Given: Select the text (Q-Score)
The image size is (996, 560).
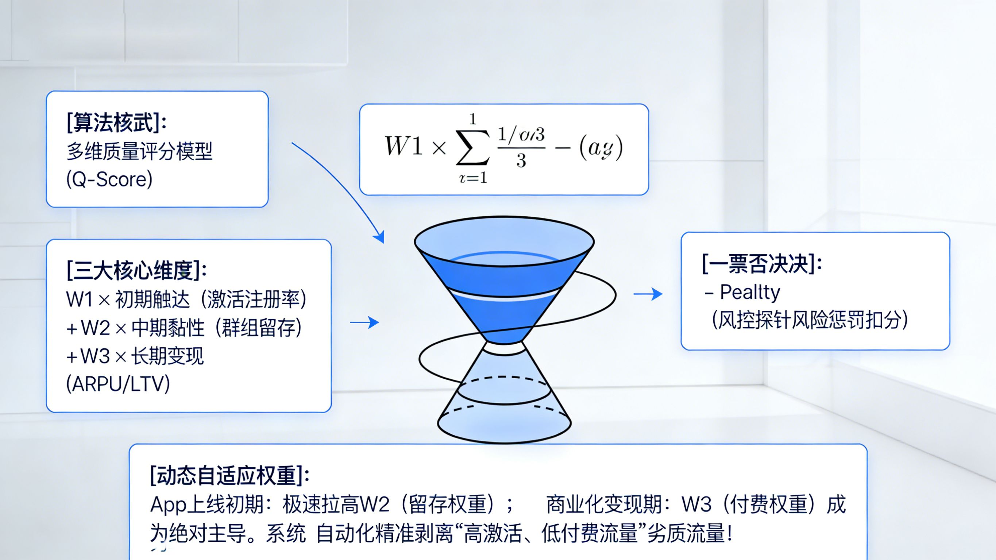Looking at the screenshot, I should click(x=109, y=179).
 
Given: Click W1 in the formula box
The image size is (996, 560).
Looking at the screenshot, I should click(x=403, y=147).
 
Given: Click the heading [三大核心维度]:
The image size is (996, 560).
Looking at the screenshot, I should click(x=136, y=270).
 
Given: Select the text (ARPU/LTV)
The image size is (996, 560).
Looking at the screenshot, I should click(x=118, y=384).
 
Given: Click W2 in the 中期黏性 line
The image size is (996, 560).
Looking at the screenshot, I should click(x=96, y=328).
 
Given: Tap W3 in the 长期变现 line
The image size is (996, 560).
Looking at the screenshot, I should click(x=95, y=356).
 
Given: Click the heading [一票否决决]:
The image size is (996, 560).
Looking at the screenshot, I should click(x=762, y=264).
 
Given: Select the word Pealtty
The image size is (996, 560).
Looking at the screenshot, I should click(x=750, y=292).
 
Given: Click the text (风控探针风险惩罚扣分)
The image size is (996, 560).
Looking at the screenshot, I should click(x=810, y=320).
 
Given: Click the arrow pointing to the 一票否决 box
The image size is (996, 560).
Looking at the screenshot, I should click(x=648, y=294).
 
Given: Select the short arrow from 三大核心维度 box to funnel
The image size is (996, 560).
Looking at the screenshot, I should click(x=364, y=322).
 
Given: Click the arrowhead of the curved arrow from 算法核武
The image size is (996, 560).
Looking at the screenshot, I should click(x=380, y=237).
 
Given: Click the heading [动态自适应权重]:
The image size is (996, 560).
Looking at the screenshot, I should click(x=230, y=475).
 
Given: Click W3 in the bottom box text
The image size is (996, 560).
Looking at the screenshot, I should click(x=696, y=505).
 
